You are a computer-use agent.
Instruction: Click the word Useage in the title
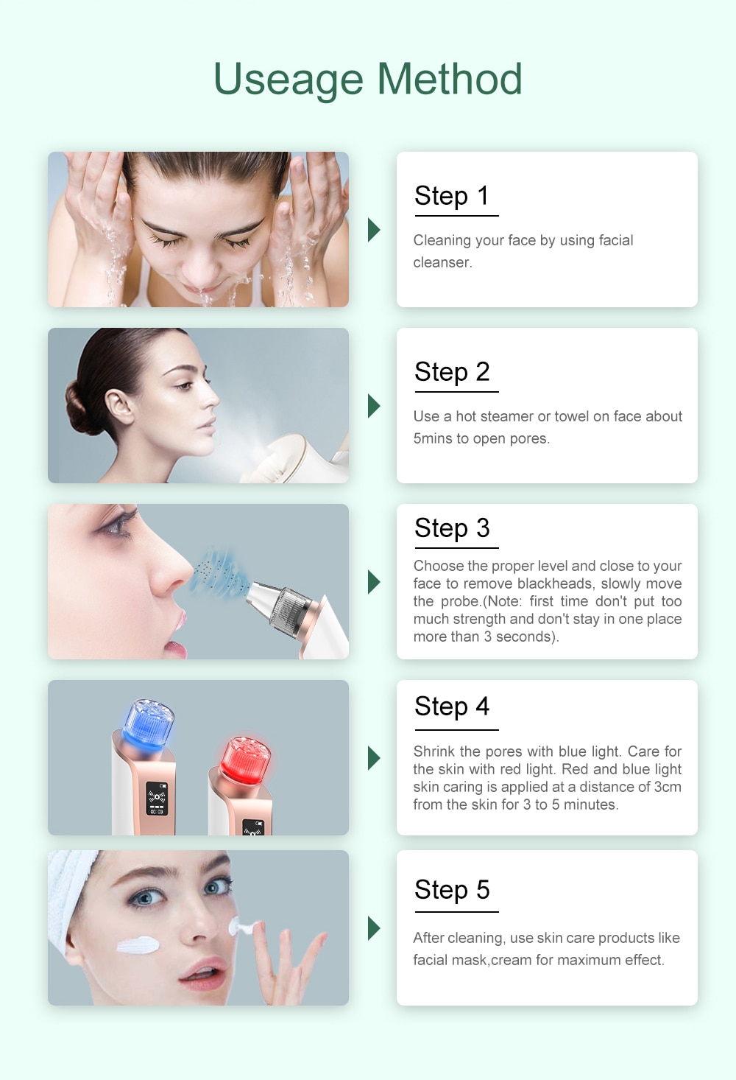tap(288, 80)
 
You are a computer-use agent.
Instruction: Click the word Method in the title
tap(449, 79)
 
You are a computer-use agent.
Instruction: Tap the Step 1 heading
tap(452, 196)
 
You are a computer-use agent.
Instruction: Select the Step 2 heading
tap(452, 372)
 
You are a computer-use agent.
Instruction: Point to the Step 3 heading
tap(452, 528)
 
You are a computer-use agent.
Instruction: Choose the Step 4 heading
tap(452, 706)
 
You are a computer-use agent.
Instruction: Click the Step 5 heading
tap(452, 890)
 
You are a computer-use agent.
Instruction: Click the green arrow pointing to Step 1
tap(374, 230)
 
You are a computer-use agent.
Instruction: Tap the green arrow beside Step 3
tap(374, 582)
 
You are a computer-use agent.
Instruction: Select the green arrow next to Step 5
tap(374, 928)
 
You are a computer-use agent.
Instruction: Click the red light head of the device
tap(247, 758)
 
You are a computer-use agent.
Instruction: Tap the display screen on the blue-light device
tap(157, 799)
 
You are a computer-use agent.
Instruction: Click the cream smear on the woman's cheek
tap(138, 944)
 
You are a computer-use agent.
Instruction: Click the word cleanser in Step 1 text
tap(442, 263)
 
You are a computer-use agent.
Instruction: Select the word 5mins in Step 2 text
tap(433, 438)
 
